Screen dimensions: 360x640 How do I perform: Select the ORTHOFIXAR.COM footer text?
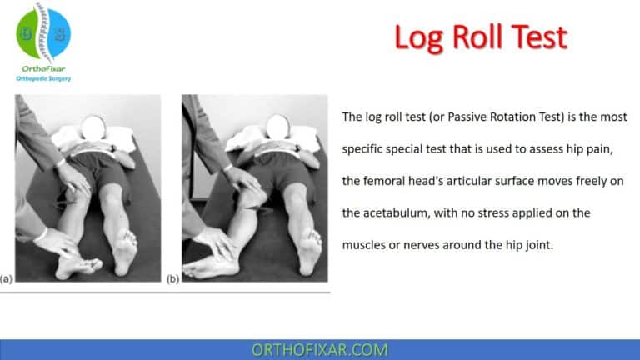point(319,349)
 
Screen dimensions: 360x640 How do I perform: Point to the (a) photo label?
point(7,277)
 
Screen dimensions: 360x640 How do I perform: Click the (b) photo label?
point(172,277)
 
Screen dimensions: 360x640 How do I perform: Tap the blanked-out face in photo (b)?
point(257,127)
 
